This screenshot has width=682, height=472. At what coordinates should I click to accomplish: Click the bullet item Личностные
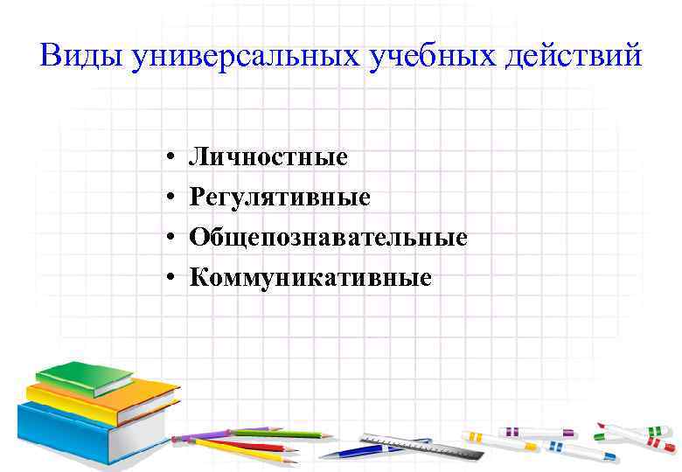269,158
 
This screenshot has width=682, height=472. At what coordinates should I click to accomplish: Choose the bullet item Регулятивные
281,198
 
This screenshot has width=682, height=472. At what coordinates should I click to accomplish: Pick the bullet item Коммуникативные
311,278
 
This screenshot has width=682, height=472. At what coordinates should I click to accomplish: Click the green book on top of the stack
85,377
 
